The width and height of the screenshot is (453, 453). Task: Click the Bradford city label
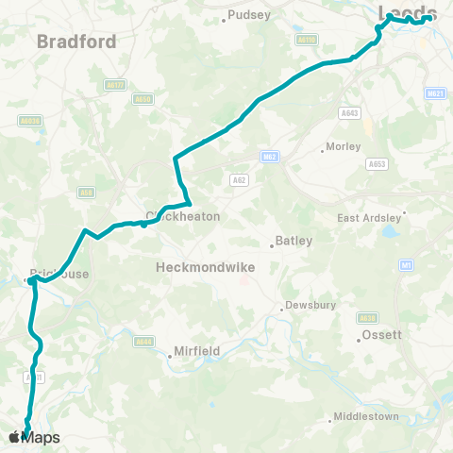click(x=76, y=42)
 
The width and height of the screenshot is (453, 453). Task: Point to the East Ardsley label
click(x=369, y=218)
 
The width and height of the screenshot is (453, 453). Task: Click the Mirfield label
click(x=195, y=351)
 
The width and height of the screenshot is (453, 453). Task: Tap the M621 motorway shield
click(x=435, y=93)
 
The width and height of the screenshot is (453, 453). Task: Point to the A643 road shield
click(x=349, y=112)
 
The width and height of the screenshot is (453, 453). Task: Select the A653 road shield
click(x=377, y=163)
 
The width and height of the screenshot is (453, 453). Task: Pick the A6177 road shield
click(x=114, y=85)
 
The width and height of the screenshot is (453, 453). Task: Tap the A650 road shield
click(x=143, y=98)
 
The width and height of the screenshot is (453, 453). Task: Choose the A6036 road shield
click(x=30, y=120)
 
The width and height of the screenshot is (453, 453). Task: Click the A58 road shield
click(x=87, y=193)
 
